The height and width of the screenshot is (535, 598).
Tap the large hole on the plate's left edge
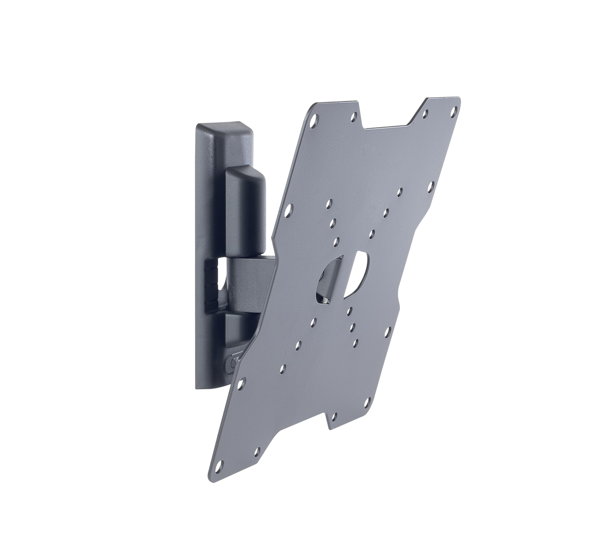coord(289,210)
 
